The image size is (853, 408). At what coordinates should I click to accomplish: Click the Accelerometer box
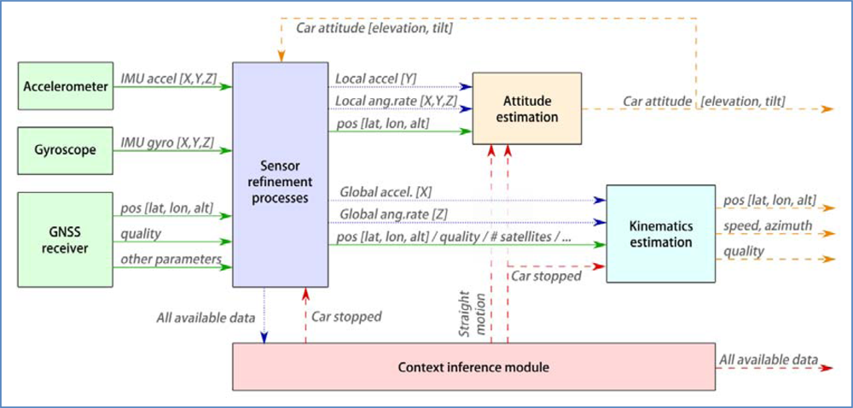tap(65, 86)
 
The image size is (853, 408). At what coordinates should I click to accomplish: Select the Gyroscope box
tap(65, 149)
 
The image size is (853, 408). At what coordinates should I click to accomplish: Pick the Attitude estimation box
tap(526, 108)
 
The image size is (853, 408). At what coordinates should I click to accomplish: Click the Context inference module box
tap(473, 367)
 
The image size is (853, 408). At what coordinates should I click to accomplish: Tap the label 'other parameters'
tap(171, 259)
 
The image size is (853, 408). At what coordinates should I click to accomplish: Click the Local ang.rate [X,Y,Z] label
tap(397, 102)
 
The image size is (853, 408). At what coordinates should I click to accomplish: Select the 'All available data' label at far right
tap(769, 359)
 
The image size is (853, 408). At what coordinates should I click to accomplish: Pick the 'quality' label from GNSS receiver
tap(140, 233)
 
